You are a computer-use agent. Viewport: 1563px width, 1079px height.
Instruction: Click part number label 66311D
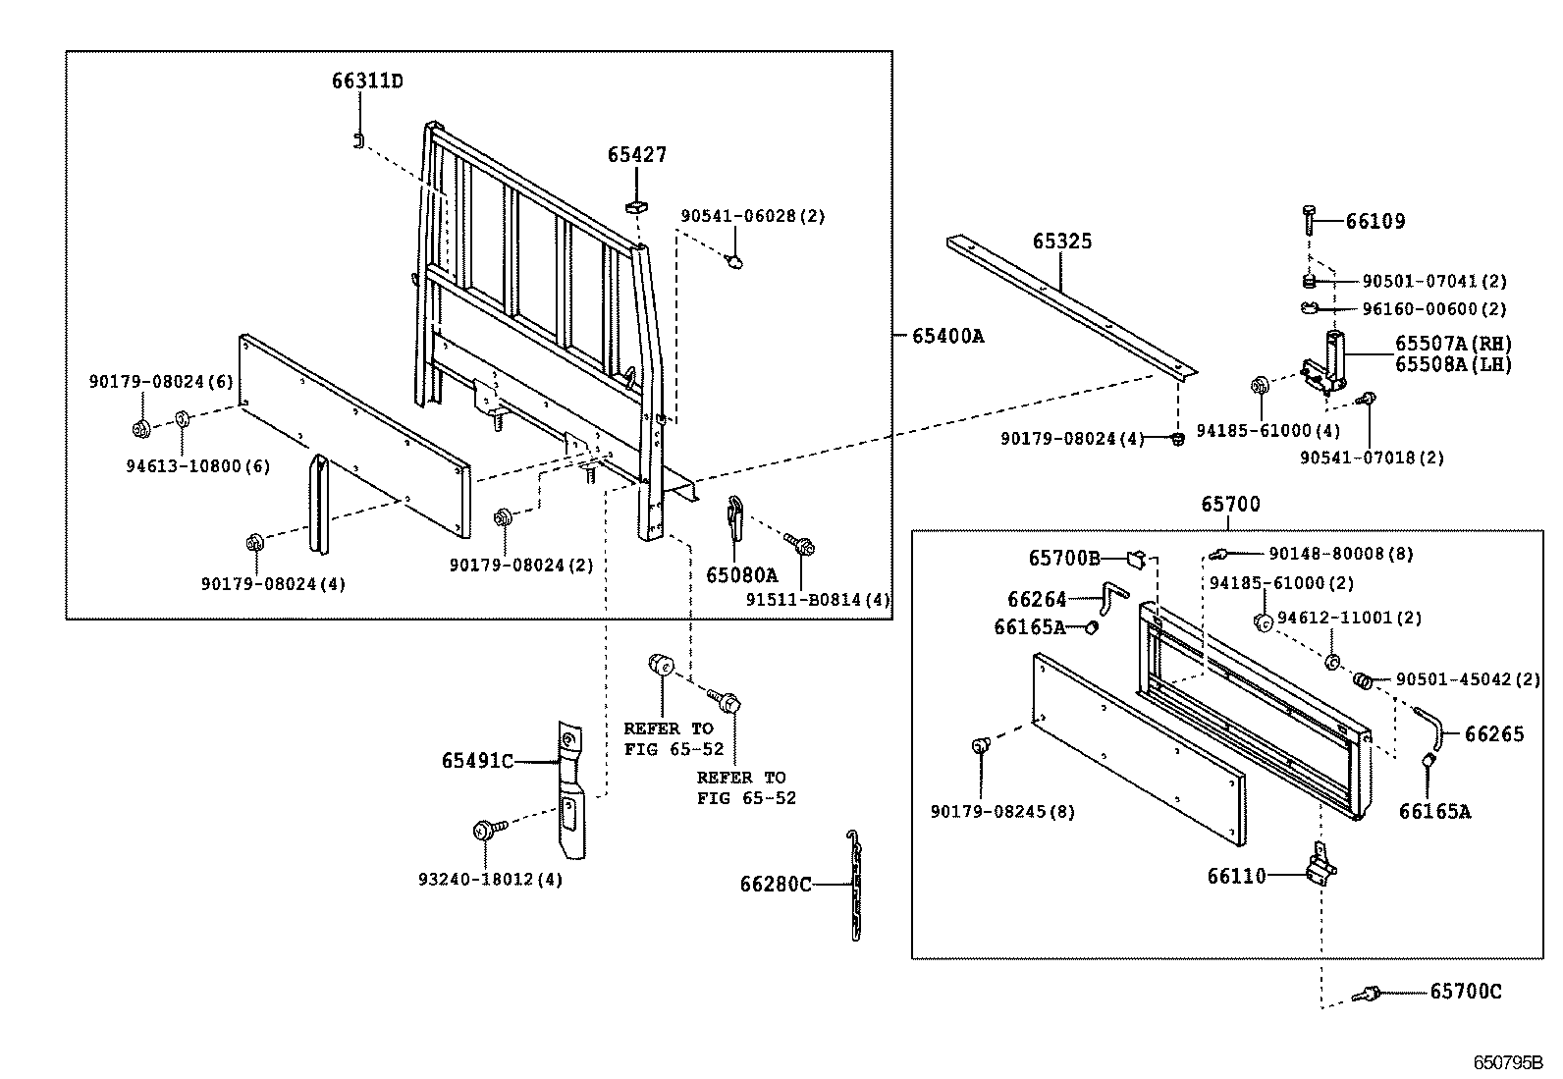point(366,81)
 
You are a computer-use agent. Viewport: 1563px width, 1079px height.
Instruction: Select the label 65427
point(636,154)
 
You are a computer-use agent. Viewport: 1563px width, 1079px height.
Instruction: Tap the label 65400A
point(947,336)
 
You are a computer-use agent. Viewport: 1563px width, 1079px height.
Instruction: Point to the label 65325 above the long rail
point(1061,242)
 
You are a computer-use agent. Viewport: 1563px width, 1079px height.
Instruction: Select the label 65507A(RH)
point(1453,344)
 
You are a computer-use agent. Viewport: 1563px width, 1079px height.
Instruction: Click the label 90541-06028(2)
point(753,216)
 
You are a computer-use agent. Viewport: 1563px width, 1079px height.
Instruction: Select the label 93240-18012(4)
point(490,879)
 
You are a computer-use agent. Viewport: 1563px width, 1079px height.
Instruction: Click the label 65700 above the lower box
point(1230,504)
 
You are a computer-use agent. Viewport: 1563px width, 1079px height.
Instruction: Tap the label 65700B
point(1064,558)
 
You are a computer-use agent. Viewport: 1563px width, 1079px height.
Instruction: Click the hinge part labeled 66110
point(1320,866)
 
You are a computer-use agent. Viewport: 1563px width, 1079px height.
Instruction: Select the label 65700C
point(1465,992)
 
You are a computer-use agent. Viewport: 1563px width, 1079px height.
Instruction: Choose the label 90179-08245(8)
point(1002,812)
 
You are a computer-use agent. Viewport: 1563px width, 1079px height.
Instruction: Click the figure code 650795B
point(1507,1063)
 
